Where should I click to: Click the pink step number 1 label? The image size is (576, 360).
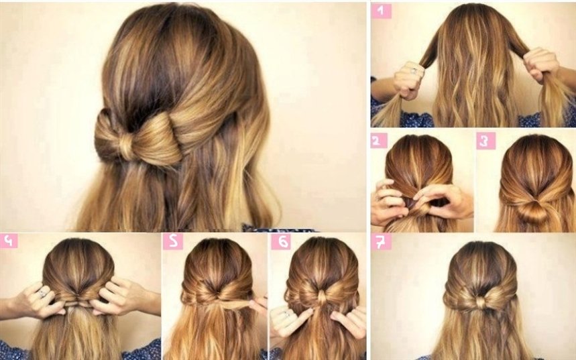point(381,11)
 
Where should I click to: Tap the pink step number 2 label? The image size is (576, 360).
point(379,140)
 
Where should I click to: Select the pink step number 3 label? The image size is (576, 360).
point(485,141)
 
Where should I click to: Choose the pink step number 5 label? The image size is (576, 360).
point(172,241)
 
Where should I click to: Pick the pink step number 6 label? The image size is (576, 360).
point(281,241)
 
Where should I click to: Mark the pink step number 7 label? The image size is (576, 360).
point(381,241)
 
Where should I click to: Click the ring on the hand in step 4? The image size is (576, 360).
point(43,293)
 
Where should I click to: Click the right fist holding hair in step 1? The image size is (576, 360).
point(540,64)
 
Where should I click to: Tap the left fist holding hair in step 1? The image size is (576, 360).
point(408,80)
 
